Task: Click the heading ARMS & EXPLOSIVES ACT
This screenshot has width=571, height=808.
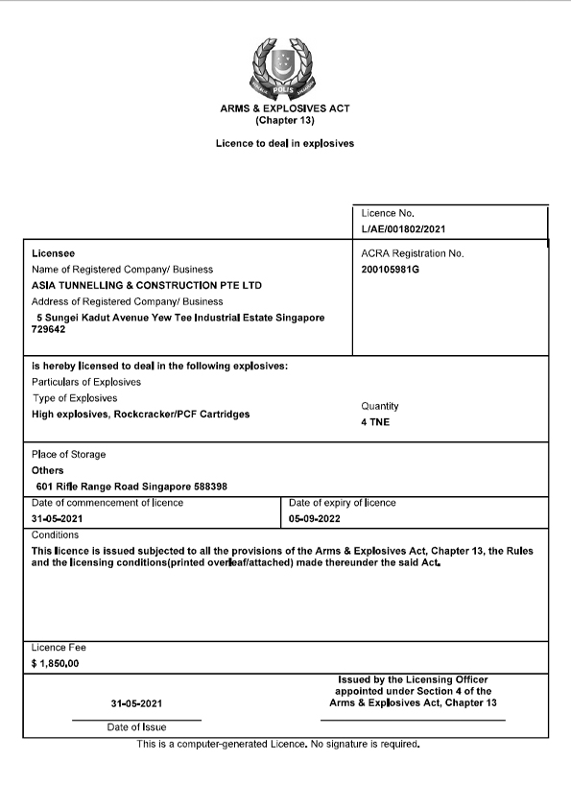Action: (284, 109)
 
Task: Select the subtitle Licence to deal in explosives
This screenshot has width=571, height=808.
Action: (284, 143)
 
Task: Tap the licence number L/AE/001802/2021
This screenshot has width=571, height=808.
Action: (403, 229)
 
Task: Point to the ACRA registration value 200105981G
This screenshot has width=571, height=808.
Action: (390, 270)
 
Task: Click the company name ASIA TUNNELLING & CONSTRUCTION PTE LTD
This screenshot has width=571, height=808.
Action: (147, 285)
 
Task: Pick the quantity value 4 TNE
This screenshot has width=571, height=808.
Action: (375, 422)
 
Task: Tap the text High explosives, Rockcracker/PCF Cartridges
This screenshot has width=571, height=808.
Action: (141, 414)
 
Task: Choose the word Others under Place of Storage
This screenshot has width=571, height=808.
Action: (48, 470)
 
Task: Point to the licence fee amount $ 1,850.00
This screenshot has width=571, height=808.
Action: (56, 663)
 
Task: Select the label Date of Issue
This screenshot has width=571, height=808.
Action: (136, 727)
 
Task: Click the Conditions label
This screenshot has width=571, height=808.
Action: (56, 535)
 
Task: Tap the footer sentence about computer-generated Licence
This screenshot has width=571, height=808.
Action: (278, 744)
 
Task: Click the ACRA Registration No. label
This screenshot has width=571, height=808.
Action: (412, 253)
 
